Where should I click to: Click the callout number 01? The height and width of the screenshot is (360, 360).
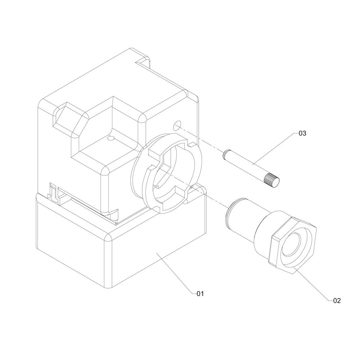(x=200, y=294)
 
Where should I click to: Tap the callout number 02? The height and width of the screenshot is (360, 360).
(x=337, y=301)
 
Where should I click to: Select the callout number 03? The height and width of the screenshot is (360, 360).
(x=302, y=133)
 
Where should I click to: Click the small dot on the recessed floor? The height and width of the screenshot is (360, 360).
(x=111, y=138)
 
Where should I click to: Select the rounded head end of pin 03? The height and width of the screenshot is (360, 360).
(x=225, y=154)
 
